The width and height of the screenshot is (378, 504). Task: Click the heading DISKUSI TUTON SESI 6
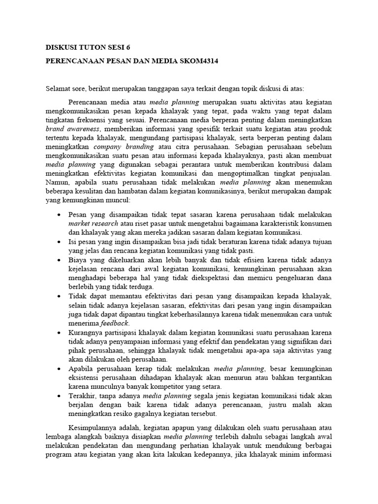pyautogui.click(x=89, y=48)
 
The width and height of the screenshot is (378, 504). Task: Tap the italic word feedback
pyautogui.click(x=115, y=323)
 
